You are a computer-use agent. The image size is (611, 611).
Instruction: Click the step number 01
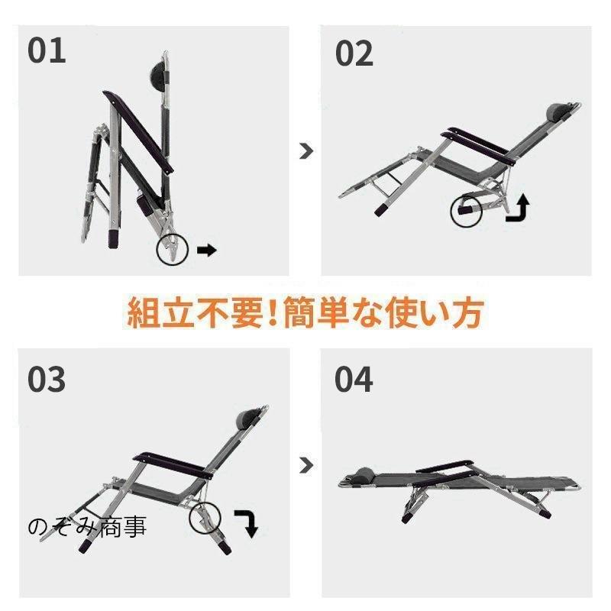click(x=47, y=50)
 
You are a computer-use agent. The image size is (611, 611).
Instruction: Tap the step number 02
click(x=354, y=53)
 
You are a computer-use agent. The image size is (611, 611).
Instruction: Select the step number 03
click(x=47, y=379)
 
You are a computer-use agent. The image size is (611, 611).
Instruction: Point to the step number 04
click(x=354, y=379)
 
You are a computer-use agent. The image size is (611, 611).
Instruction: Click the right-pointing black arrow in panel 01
click(x=206, y=251)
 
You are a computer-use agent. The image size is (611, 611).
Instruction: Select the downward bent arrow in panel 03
click(x=247, y=523)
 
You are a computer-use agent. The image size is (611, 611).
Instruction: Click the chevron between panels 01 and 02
click(x=306, y=151)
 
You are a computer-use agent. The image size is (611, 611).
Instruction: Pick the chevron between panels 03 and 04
click(x=306, y=465)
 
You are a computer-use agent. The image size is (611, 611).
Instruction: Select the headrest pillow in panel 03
click(x=247, y=416)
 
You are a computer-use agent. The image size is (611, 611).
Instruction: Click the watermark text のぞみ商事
click(x=87, y=527)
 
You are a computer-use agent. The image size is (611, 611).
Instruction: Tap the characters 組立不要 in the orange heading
click(x=195, y=312)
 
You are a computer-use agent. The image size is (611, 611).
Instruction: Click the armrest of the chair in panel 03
click(x=173, y=466)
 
